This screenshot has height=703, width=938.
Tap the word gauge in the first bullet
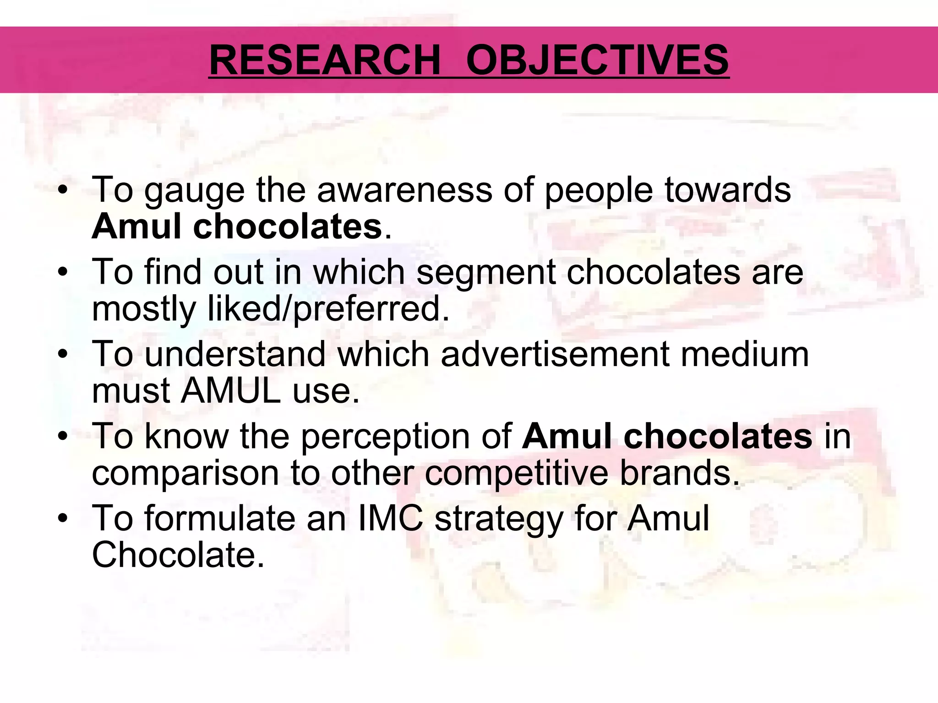(x=195, y=190)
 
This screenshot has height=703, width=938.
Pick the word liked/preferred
(x=328, y=309)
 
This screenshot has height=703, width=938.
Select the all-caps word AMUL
(x=231, y=391)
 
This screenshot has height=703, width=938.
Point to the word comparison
(x=185, y=473)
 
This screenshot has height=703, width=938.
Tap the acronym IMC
(x=390, y=518)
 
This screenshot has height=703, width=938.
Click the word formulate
(x=220, y=518)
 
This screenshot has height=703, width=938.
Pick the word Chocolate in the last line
(x=178, y=555)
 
